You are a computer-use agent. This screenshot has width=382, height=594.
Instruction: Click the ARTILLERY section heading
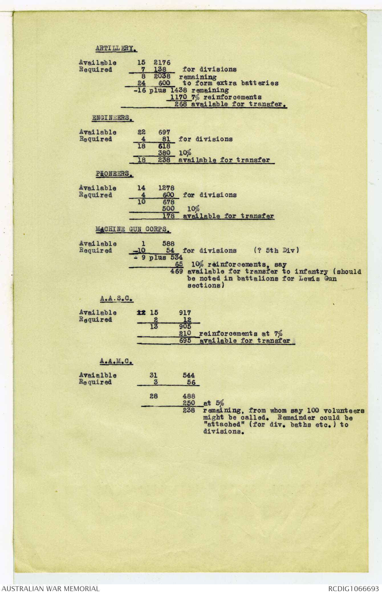coord(116,49)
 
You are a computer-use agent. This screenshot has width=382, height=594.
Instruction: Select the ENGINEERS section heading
coord(113,118)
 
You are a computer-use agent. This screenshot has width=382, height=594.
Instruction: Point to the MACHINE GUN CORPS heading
coord(133,229)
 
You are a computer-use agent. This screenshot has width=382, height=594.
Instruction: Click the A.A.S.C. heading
coord(117,298)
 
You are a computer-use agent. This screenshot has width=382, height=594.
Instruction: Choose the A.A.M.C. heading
coord(116,361)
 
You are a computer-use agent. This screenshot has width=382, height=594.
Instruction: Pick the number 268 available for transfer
coord(181,104)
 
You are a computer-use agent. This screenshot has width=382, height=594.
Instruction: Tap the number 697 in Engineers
coord(164,132)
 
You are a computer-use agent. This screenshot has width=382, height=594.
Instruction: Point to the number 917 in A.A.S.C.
coord(185,313)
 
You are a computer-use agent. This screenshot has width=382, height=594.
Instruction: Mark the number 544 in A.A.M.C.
coord(189,375)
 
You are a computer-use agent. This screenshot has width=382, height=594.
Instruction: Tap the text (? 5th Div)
coord(276,250)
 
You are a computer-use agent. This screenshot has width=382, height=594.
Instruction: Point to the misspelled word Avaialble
coord(97,375)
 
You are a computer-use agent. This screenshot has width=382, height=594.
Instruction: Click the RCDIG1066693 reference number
coord(353,589)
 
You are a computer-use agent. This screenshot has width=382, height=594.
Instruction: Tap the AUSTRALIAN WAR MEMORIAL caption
coord(50,589)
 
